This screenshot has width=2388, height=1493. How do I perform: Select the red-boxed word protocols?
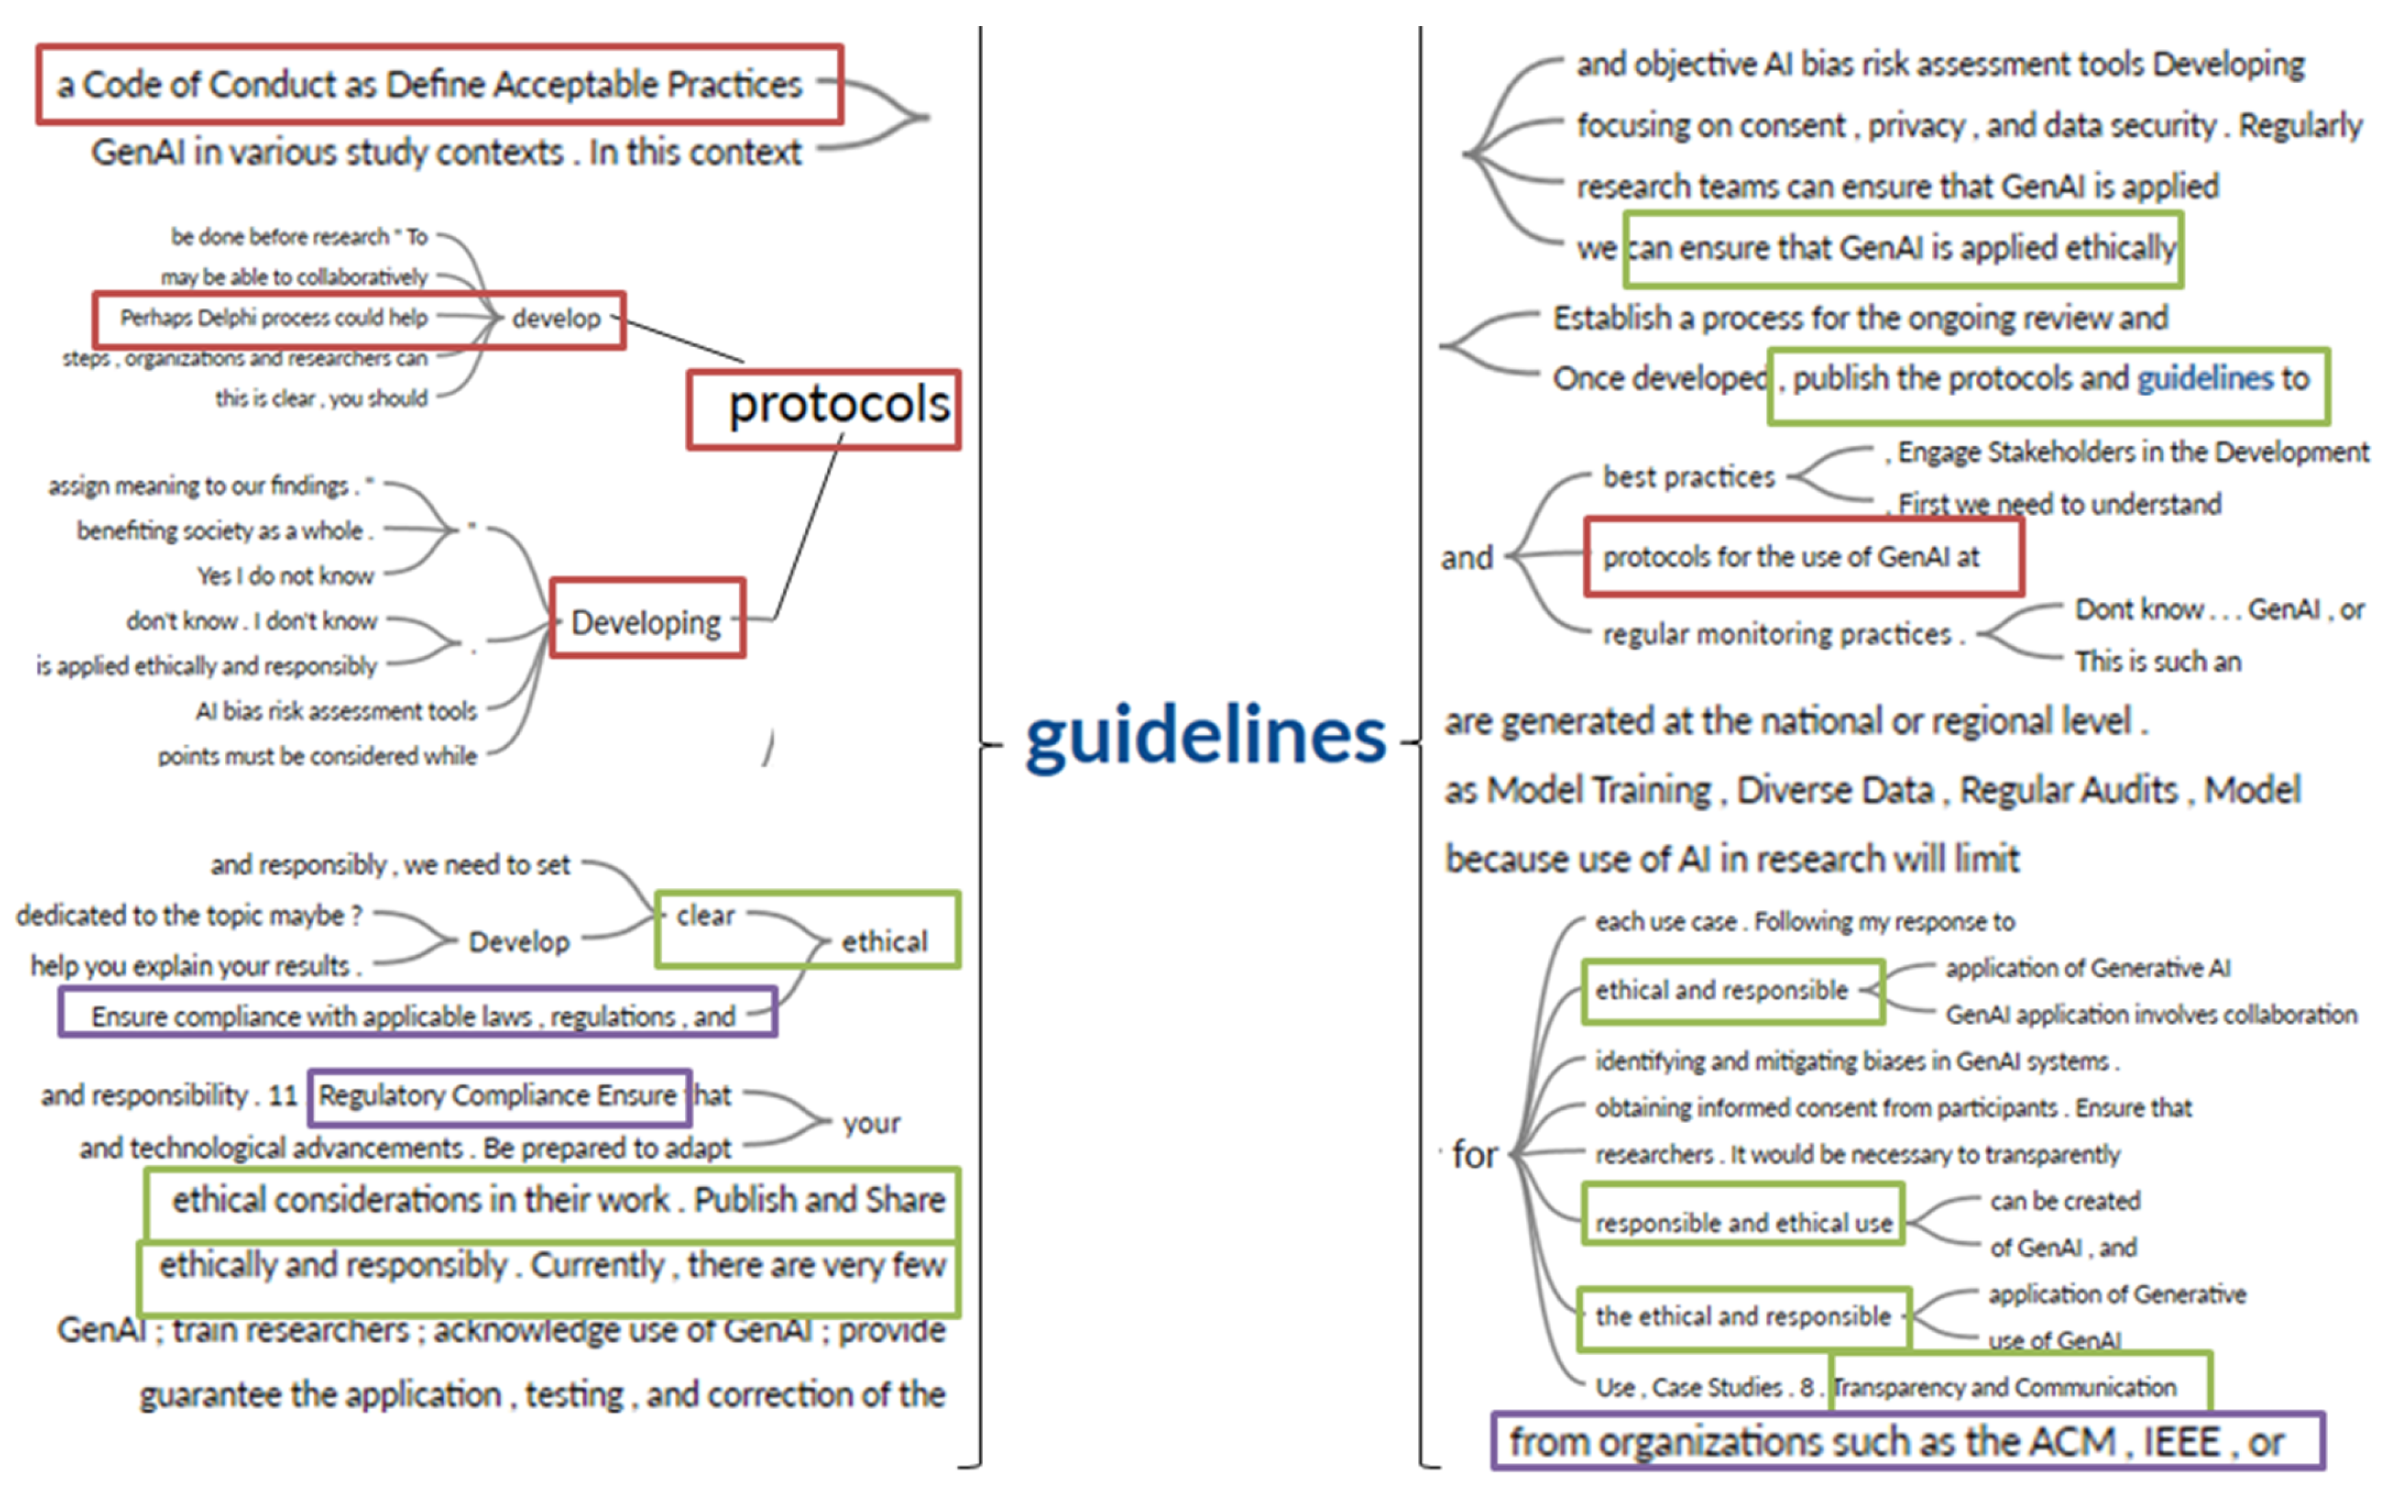(838, 406)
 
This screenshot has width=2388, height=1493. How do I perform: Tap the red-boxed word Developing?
(646, 622)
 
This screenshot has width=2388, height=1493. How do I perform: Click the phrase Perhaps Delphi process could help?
(274, 318)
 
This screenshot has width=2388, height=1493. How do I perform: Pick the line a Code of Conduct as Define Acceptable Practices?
(430, 85)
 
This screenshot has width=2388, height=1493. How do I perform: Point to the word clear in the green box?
(705, 916)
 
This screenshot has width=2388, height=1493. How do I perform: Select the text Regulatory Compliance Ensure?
(497, 1095)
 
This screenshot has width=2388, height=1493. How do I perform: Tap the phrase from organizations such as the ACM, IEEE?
(1896, 1442)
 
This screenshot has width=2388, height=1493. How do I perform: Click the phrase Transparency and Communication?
(2005, 1388)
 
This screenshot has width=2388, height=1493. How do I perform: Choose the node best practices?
(1689, 477)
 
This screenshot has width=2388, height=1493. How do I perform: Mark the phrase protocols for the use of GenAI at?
(1791, 557)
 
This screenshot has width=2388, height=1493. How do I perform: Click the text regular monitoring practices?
(1777, 634)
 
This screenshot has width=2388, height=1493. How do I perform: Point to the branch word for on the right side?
(1474, 1154)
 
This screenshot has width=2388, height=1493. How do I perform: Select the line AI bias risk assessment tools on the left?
(336, 711)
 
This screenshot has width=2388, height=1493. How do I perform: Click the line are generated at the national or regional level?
(1795, 722)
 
